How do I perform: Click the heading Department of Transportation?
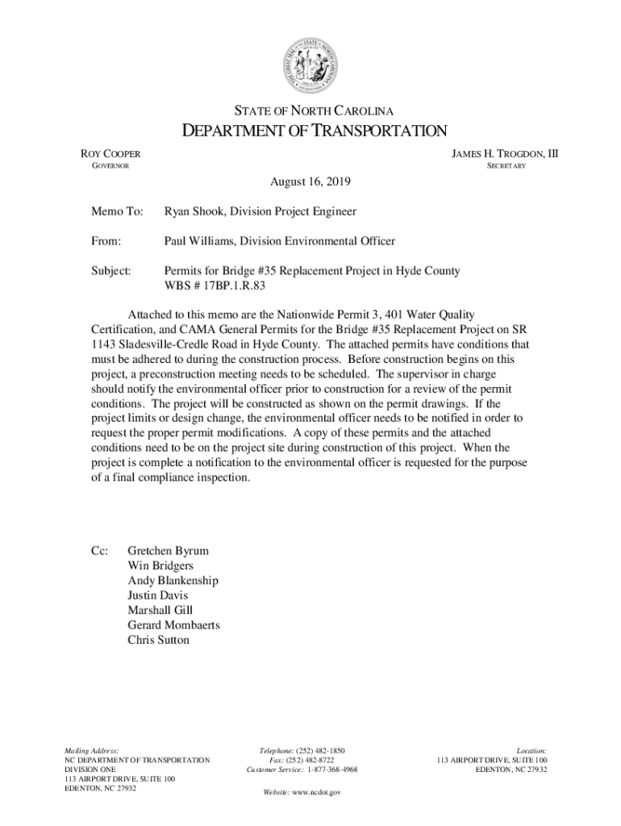point(310,131)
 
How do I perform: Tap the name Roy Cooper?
point(109,153)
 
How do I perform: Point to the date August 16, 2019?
point(310,183)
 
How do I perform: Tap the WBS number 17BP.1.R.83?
point(224,286)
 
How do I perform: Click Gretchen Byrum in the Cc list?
point(168,551)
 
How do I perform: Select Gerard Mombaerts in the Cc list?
point(173,625)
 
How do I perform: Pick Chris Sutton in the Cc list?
point(158,640)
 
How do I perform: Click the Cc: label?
point(99,551)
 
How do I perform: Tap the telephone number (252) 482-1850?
point(321,750)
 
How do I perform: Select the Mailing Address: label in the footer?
point(92,750)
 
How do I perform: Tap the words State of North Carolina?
point(310,111)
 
